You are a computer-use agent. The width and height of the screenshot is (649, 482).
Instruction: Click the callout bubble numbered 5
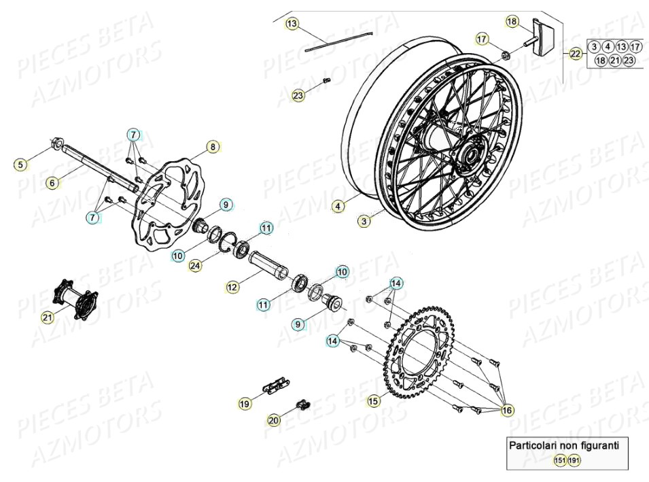(21, 164)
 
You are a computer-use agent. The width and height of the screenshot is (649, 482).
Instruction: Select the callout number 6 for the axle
(52, 182)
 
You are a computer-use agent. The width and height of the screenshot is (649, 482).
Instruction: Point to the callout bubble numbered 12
(232, 287)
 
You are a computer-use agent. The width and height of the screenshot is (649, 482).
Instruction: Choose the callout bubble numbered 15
(373, 401)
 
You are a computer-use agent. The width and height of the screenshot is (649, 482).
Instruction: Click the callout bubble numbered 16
(506, 410)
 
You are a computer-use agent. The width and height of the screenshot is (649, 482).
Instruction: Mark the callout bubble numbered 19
(244, 403)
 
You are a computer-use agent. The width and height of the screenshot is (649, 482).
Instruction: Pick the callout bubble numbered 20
(273, 421)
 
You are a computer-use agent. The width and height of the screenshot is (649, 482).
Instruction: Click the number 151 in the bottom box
(559, 460)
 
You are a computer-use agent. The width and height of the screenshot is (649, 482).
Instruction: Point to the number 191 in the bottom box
(574, 460)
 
